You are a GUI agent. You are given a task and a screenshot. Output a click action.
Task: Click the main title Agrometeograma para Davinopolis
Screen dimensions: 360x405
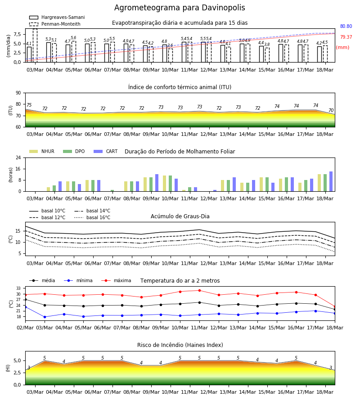pyautogui.click(x=180, y=8)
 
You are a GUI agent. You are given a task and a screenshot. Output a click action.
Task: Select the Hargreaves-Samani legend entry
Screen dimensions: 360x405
pyautogui.click(x=57, y=17)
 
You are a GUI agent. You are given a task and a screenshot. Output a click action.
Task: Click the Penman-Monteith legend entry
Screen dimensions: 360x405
pyautogui.click(x=55, y=24)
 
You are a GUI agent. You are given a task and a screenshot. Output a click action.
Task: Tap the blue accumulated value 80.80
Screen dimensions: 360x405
pyautogui.click(x=346, y=26)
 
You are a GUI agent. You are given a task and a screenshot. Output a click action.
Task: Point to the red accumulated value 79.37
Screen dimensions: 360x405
pyautogui.click(x=346, y=37)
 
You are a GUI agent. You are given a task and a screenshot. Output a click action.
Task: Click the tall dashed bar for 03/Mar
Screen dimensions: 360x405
pyautogui.click(x=35, y=45)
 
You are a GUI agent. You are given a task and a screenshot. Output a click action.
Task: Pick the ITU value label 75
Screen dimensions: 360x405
pyautogui.click(x=29, y=105)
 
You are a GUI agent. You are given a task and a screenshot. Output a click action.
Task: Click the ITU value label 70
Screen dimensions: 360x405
pyautogui.click(x=331, y=110)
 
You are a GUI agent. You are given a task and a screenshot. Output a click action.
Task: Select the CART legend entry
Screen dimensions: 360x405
pyautogui.click(x=106, y=151)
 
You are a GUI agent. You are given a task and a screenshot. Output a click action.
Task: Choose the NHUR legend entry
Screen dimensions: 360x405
pyautogui.click(x=42, y=151)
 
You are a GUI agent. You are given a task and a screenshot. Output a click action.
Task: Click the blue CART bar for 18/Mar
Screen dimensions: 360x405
pyautogui.click(x=331, y=181)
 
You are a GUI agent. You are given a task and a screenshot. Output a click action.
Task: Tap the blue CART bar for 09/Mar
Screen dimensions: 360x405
pyautogui.click(x=157, y=183)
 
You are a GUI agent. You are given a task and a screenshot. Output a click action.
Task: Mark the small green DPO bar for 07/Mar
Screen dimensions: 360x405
pyautogui.click(x=112, y=191)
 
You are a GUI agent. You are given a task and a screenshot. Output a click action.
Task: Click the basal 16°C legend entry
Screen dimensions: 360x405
pyautogui.click(x=92, y=217)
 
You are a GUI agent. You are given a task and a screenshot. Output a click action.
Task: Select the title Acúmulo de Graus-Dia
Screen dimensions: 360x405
pyautogui.click(x=180, y=216)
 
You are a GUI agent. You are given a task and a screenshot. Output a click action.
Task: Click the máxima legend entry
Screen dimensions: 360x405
pyautogui.click(x=116, y=280)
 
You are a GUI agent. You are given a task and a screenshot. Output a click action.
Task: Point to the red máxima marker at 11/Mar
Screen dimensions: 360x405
pyautogui.click(x=199, y=290)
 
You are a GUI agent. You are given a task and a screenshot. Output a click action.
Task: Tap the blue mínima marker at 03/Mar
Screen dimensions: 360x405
pyautogui.click(x=45, y=317)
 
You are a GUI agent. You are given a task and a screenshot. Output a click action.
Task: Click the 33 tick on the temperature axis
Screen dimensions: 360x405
pyautogui.click(x=18, y=288)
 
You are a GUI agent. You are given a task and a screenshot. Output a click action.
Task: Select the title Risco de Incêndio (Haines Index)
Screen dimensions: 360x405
pyautogui.click(x=180, y=345)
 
